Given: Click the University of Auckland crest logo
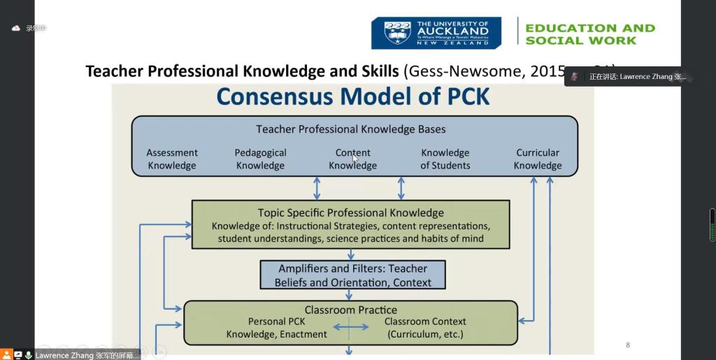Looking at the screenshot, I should [397, 33].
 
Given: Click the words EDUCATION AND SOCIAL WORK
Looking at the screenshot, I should [589, 34].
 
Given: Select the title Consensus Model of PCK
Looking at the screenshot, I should [352, 96].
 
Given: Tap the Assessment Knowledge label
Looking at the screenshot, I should [171, 159].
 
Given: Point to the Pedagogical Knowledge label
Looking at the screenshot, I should [260, 159].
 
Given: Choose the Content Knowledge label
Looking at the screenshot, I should [352, 159].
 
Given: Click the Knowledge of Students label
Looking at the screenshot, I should [445, 159].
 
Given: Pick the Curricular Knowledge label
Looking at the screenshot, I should [537, 159].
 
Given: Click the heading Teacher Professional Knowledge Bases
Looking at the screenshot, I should [350, 129].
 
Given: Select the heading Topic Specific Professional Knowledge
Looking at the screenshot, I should [350, 213].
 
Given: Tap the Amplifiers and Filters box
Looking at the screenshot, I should [352, 275].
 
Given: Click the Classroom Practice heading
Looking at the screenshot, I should [350, 310].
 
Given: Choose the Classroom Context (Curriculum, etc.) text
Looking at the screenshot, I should [425, 328].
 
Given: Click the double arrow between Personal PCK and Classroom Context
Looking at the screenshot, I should [350, 327].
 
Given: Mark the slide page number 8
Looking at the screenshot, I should [627, 345].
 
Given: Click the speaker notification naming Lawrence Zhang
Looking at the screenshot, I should [629, 76].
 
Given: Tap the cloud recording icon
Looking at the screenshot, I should [15, 29].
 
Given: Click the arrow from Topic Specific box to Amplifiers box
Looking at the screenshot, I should [350, 254].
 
